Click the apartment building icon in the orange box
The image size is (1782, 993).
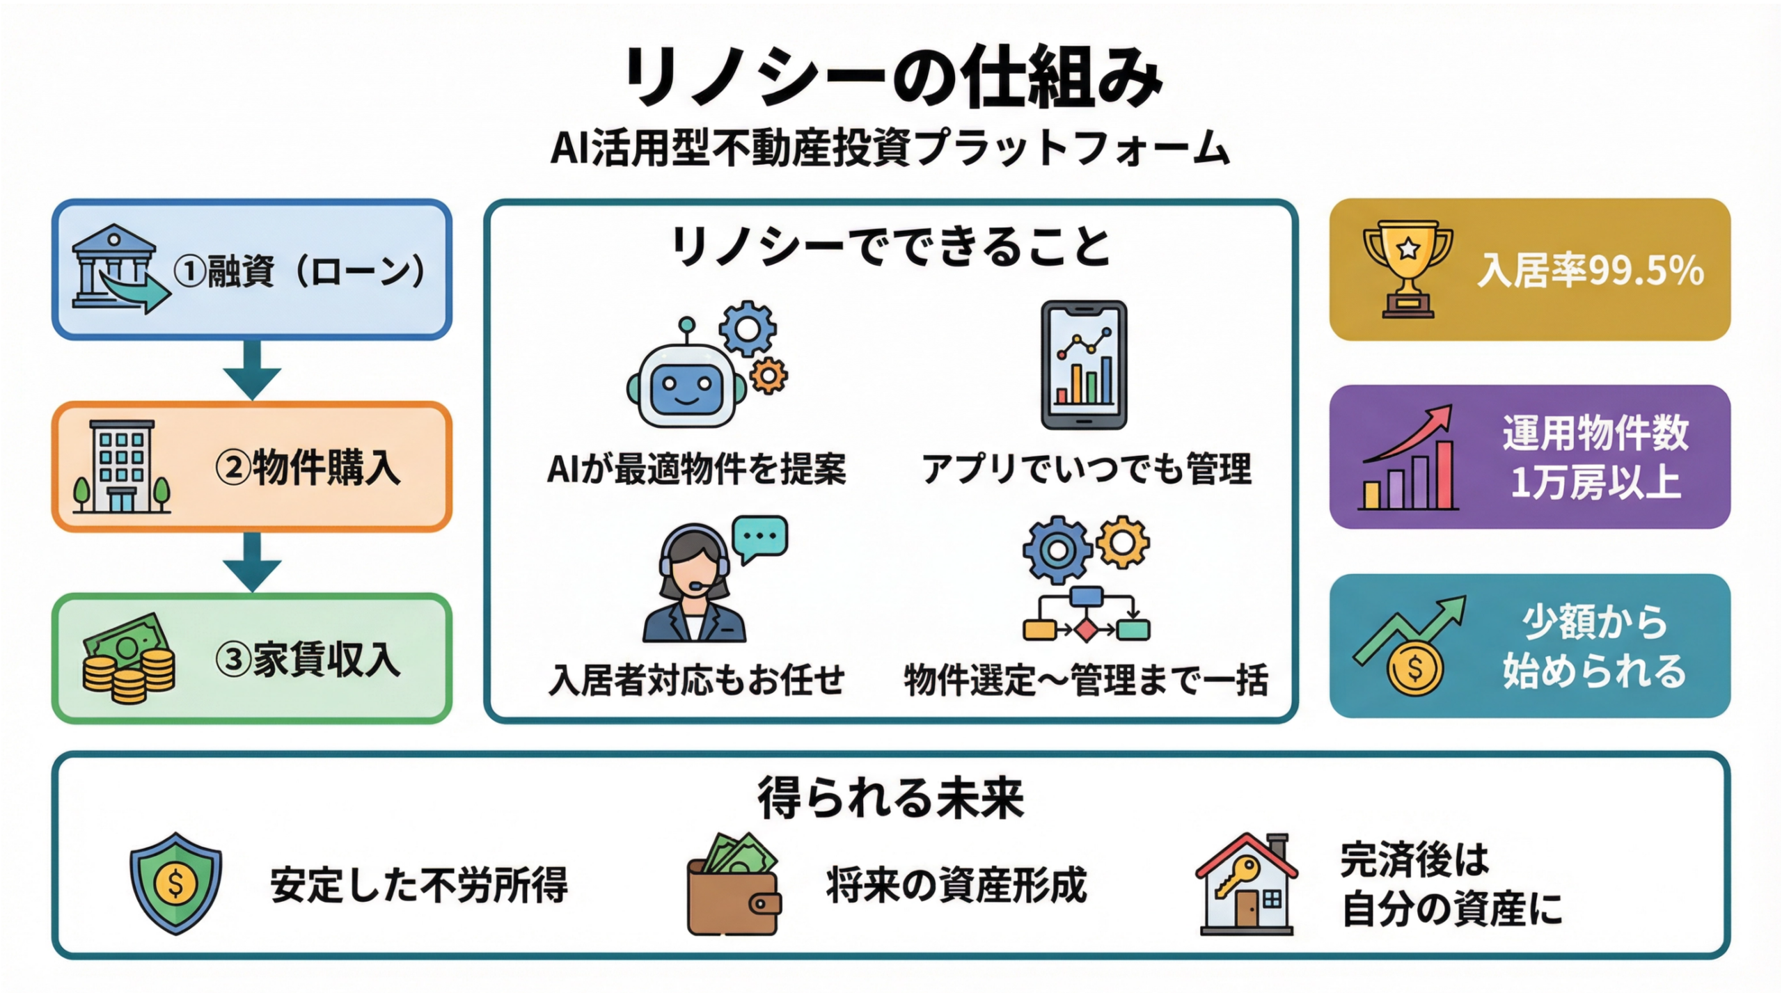[122, 466]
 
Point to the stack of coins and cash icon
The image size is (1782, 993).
[129, 658]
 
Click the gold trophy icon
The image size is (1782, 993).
[1408, 268]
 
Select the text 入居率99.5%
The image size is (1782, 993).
[1591, 271]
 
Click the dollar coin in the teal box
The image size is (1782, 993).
[1415, 668]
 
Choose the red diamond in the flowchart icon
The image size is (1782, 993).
[1085, 630]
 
